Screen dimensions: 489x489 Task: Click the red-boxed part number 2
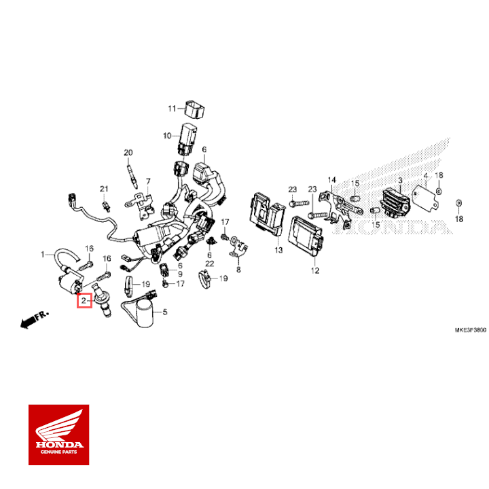[x=84, y=300]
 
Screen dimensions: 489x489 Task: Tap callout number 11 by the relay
[x=172, y=108]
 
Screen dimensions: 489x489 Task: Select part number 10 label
[x=167, y=136]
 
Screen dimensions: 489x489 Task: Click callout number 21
[x=104, y=188]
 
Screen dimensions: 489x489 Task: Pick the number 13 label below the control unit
[x=278, y=251]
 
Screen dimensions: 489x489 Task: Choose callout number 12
[x=314, y=270]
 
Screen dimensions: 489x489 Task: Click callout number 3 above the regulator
[x=401, y=180]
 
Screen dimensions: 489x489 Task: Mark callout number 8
[x=238, y=270]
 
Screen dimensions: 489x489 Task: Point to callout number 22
[x=210, y=263]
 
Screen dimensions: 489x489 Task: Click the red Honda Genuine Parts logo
[x=58, y=435]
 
